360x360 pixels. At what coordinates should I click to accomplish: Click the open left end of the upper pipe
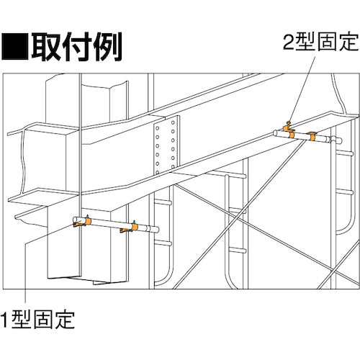(276, 131)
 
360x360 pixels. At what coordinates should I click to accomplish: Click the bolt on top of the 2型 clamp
(287, 124)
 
